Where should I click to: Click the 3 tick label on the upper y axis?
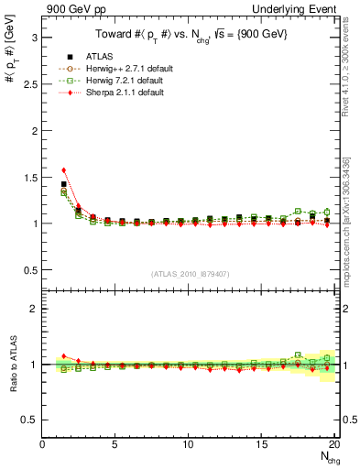(x=34, y=38)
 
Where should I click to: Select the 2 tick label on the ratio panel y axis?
(x=34, y=309)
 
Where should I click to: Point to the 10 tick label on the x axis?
(x=188, y=444)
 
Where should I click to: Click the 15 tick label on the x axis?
(x=261, y=444)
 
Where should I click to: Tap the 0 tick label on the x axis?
(x=43, y=444)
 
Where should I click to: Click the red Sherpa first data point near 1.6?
(x=63, y=169)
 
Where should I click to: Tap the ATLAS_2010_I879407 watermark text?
(x=189, y=274)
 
